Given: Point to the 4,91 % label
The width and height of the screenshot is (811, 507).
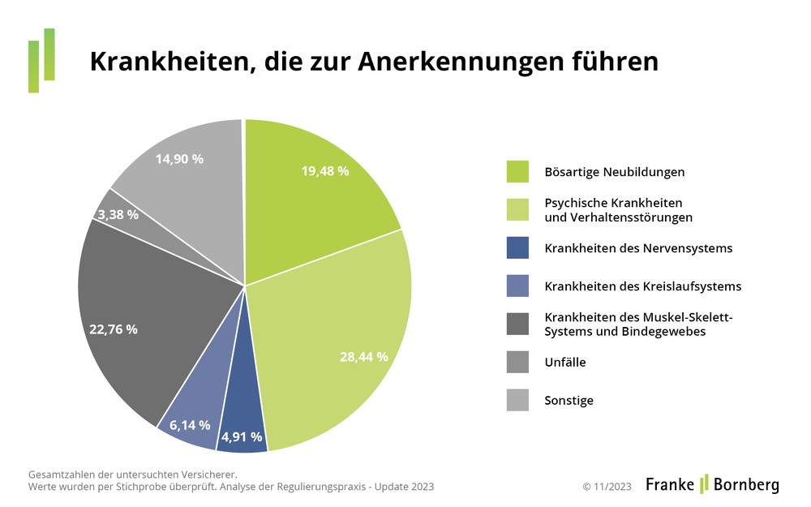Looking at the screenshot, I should [242, 437].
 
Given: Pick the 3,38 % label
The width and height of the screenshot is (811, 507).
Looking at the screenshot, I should [118, 215].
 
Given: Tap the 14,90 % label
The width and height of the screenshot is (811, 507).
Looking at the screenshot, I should [179, 159].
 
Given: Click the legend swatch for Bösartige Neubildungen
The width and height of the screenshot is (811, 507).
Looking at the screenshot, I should [517, 172].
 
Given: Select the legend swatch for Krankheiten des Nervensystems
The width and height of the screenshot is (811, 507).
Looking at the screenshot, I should [517, 248].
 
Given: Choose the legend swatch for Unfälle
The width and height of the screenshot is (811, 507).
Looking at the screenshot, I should [517, 363].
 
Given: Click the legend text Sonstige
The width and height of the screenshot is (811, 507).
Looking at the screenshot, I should [569, 401].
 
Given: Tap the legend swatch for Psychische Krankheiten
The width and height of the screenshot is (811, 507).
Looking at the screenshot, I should [517, 210].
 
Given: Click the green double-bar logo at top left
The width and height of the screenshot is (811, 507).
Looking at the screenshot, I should [41, 60].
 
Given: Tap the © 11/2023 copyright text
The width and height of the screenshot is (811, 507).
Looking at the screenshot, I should [607, 487].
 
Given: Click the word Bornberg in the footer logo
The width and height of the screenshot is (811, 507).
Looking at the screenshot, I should [746, 485].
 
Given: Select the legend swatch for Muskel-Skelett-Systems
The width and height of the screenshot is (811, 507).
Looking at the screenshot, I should [517, 324].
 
